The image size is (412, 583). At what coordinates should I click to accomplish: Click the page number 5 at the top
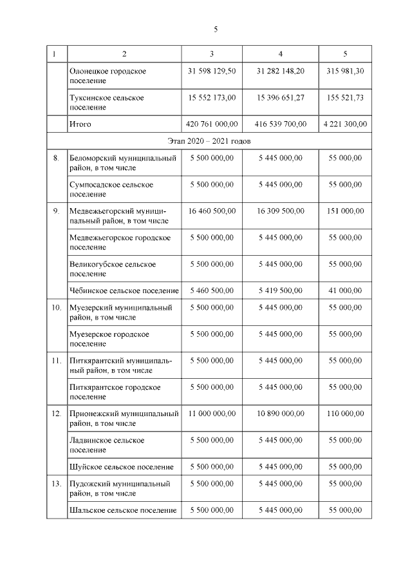pos(216,29)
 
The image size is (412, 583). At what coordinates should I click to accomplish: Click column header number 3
pos(212,53)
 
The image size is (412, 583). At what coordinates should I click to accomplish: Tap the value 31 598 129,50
pos(212,71)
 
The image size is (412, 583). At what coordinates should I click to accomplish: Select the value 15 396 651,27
pos(280,97)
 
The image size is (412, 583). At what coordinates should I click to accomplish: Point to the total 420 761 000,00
pos(212,124)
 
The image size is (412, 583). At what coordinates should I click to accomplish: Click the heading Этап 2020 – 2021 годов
pos(209,140)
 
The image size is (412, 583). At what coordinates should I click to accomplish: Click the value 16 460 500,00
pos(212,211)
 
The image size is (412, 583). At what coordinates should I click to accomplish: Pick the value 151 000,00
pos(345,211)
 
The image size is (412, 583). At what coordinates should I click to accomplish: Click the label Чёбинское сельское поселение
pos(124,291)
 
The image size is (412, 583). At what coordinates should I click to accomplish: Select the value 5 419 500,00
pos(280,291)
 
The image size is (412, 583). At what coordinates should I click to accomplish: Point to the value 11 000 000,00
pos(212,414)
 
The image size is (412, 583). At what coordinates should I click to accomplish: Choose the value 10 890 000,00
pos(280,414)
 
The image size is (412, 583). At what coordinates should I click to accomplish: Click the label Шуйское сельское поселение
pos(121,466)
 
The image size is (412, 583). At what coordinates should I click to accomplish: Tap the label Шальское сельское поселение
pos(122,510)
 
